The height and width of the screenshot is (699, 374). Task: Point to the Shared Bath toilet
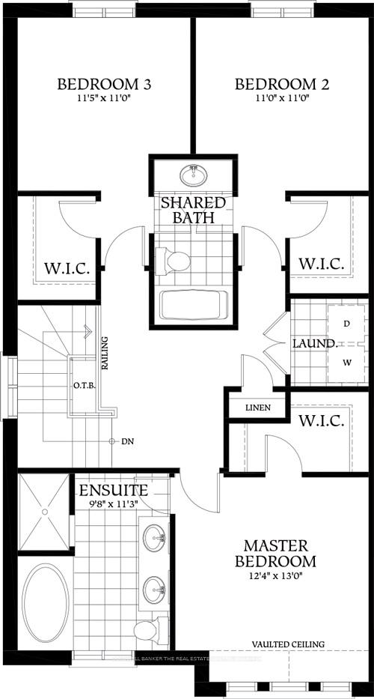click(x=177, y=261)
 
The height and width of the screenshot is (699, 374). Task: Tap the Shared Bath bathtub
click(x=193, y=306)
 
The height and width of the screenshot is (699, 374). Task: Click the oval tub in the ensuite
click(x=43, y=605)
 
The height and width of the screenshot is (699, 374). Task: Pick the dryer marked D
click(x=346, y=324)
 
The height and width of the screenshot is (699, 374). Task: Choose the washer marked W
click(x=346, y=363)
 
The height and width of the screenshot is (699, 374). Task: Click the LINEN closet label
click(x=258, y=409)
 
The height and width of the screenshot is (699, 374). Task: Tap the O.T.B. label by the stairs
click(x=82, y=386)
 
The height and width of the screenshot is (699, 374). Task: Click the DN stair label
click(x=128, y=441)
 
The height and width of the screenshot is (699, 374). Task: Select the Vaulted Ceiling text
click(x=288, y=644)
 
